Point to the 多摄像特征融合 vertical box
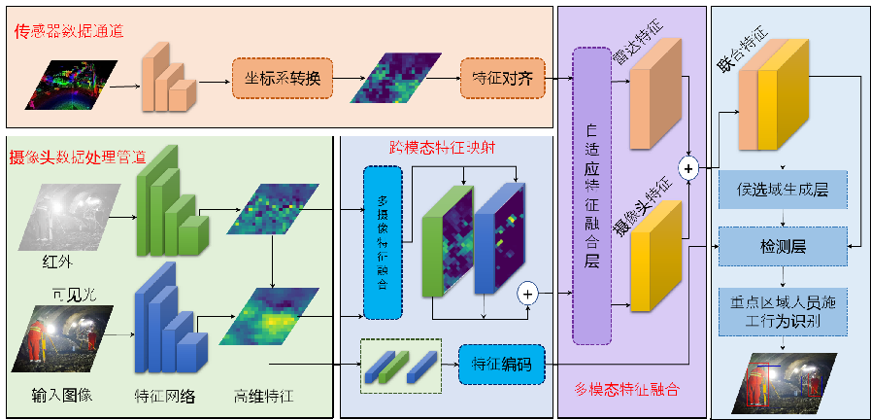[382, 242]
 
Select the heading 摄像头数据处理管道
[77, 156]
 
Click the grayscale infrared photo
[73, 216]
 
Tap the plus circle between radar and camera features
[689, 168]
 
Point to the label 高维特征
[263, 397]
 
